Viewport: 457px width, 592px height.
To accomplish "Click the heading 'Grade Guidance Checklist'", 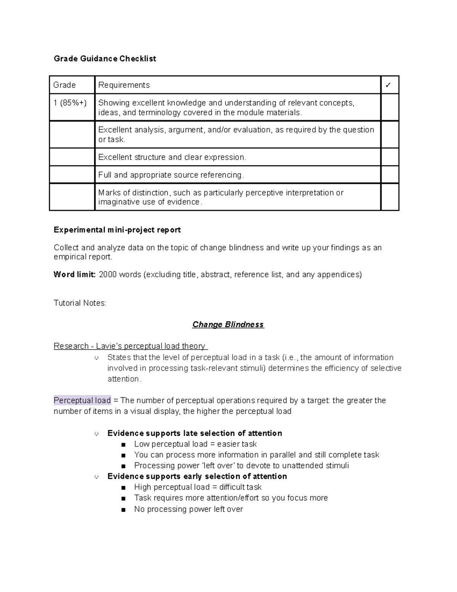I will (105, 59).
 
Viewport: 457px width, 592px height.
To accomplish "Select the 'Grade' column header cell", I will (72, 85).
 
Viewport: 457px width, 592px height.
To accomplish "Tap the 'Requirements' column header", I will (124, 85).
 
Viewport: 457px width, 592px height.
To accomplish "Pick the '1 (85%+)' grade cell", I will (70, 103).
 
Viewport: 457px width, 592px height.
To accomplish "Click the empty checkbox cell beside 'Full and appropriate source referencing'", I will (390, 175).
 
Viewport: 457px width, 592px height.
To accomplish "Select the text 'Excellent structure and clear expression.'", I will (172, 157).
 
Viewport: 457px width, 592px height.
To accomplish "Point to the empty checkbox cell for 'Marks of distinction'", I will (390, 197).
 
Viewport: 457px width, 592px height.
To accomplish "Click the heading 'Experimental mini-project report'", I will (117, 230).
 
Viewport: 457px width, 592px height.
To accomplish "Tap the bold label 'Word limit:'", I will (75, 274).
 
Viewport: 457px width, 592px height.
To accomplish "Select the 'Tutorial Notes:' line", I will (80, 303).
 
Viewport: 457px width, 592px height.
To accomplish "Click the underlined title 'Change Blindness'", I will (228, 324).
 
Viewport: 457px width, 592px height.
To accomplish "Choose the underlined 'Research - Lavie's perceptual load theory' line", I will (130, 346).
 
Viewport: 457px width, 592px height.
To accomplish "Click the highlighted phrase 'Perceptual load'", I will (82, 400).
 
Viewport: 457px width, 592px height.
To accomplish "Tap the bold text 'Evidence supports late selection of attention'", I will (195, 433).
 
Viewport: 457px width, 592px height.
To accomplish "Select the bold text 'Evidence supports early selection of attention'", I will (197, 476).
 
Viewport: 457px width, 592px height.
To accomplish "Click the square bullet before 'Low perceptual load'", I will (123, 444).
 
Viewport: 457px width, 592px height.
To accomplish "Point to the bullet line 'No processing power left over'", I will (188, 509).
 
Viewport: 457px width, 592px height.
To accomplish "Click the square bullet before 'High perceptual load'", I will (123, 488).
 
